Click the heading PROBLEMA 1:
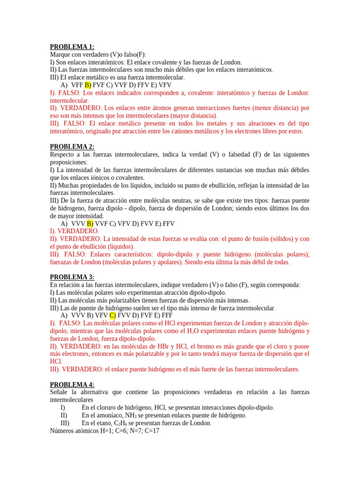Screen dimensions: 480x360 click(x=72, y=46)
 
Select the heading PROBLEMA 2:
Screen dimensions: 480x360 click(x=72, y=147)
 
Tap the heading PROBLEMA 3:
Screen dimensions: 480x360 click(x=72, y=277)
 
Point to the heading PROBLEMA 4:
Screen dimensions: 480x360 click(x=72, y=384)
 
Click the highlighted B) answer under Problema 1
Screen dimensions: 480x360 click(x=88, y=85)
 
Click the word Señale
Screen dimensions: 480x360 click(x=60, y=392)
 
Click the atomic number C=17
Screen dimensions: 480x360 click(x=150, y=430)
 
